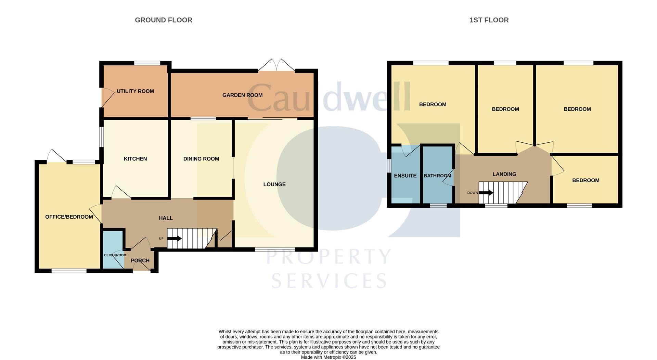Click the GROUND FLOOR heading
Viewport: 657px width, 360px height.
164,20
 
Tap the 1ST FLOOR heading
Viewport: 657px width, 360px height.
489,20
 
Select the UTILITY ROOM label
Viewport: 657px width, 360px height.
135,91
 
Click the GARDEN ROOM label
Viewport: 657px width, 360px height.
242,95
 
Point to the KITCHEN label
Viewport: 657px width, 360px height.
135,159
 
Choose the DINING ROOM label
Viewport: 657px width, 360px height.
201,159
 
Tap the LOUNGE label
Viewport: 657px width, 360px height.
274,184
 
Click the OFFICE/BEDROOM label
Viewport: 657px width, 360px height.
69,217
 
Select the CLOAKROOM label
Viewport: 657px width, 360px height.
115,255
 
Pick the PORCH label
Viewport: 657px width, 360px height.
140,261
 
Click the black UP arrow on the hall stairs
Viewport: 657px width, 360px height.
175,239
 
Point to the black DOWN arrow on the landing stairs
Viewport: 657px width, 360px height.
486,193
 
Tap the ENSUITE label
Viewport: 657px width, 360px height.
405,176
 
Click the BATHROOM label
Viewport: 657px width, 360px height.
437,176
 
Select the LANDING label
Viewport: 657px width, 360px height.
504,174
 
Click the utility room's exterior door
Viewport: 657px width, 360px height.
107,98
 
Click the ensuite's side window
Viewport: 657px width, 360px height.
389,166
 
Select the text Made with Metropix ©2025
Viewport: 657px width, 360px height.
328,357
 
